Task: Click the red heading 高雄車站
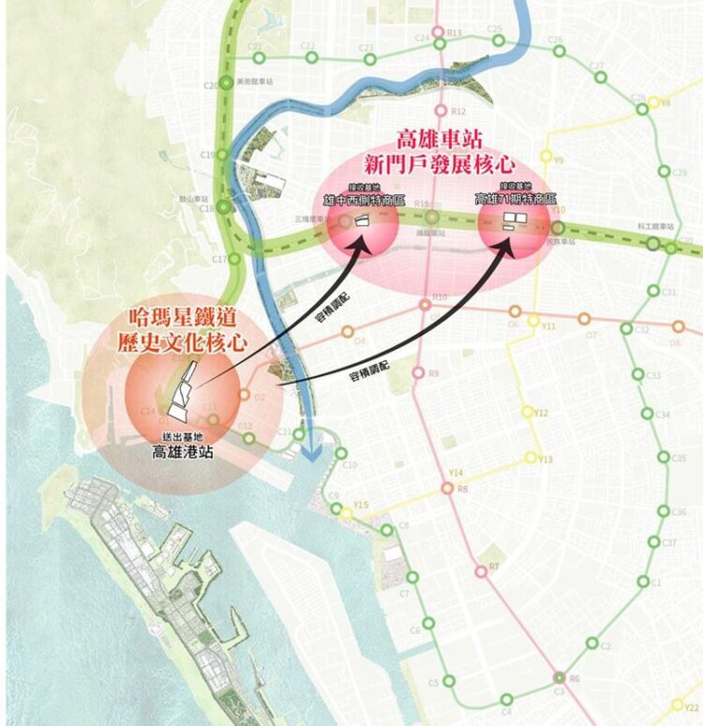439,141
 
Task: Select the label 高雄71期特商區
516,200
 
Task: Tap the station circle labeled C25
498,40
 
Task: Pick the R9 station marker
420,373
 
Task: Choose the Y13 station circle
531,458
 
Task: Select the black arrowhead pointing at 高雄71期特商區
508,244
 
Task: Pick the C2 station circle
592,643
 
